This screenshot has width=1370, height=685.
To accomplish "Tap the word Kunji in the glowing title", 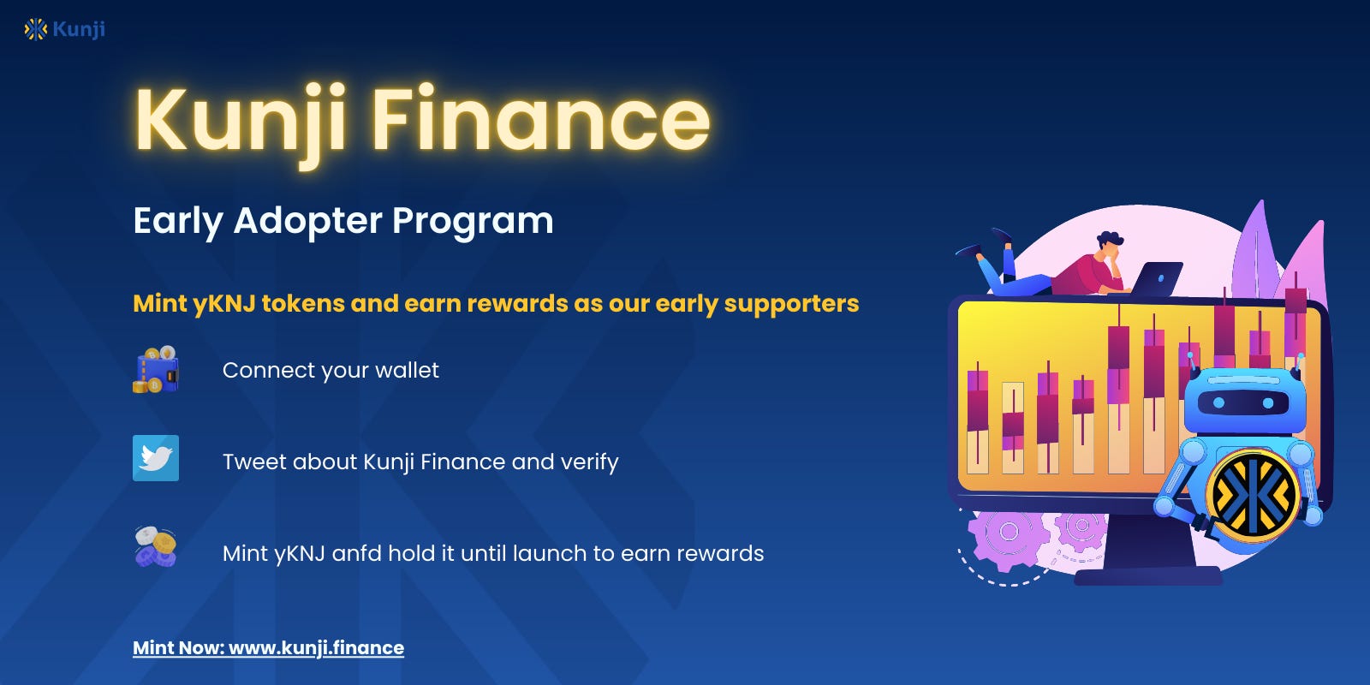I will pyautogui.click(x=241, y=120).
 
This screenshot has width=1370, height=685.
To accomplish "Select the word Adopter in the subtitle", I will pyautogui.click(x=307, y=221).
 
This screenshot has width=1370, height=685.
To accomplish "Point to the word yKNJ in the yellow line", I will pyautogui.click(x=223, y=304).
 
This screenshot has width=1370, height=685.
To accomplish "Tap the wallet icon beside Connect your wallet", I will pyautogui.click(x=156, y=370).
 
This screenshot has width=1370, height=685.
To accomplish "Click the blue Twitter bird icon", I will pyautogui.click(x=156, y=458).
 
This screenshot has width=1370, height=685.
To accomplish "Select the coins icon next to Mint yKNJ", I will pyautogui.click(x=156, y=546).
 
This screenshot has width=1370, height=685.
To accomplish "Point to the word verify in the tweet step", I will pyautogui.click(x=589, y=462).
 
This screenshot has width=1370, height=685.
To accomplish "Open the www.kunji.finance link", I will pyautogui.click(x=316, y=648).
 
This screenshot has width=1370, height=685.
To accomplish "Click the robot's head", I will pyautogui.click(x=1244, y=401).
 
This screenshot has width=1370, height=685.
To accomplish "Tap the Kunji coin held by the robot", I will pyautogui.click(x=1252, y=495).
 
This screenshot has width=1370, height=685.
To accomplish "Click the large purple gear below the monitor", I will pyautogui.click(x=1009, y=534).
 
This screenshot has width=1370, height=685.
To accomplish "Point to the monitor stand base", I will pyautogui.click(x=1147, y=575).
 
